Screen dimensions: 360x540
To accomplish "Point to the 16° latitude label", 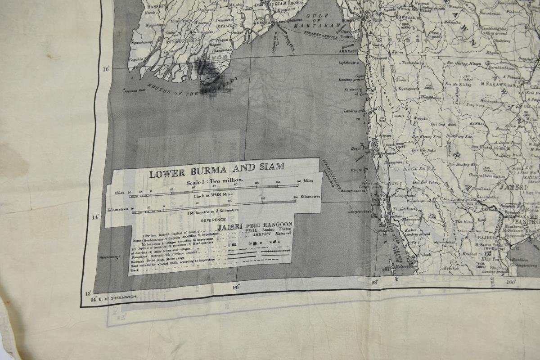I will click(x=106, y=69).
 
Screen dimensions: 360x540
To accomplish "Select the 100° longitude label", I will click(x=510, y=282).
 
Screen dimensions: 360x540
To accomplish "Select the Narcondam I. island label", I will click(x=110, y=258).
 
